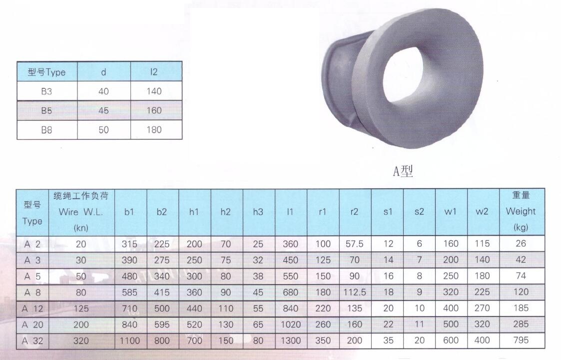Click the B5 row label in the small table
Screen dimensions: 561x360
point(46,111)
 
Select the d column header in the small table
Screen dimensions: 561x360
point(103,72)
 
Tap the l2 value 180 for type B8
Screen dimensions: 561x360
point(154,130)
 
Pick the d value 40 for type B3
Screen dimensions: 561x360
point(103,91)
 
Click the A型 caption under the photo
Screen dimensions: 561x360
point(403,171)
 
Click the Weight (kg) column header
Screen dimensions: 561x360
point(521,211)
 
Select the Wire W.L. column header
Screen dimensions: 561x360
point(81,212)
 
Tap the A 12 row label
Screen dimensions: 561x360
point(32,309)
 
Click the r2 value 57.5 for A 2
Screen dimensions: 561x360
point(355,244)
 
